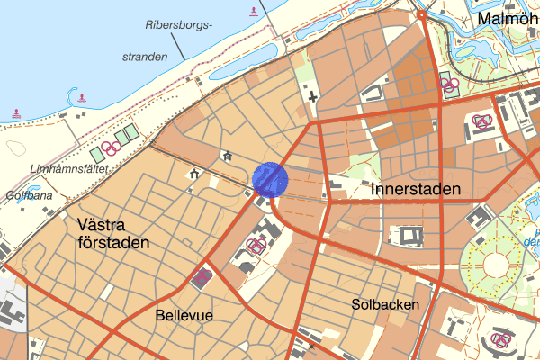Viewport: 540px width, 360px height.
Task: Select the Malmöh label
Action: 508,18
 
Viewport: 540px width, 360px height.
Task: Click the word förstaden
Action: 113,243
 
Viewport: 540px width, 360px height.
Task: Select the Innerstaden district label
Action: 416,190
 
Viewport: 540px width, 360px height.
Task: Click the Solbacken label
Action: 386,305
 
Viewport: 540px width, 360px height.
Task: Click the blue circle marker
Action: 269,179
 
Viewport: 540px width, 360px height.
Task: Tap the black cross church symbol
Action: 312,95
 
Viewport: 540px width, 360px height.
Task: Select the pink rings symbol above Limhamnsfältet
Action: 111,147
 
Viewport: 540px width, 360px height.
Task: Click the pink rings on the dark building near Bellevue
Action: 202,276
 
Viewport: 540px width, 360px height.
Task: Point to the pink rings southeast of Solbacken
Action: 500,339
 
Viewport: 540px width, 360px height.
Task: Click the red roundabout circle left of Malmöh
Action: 421,15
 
